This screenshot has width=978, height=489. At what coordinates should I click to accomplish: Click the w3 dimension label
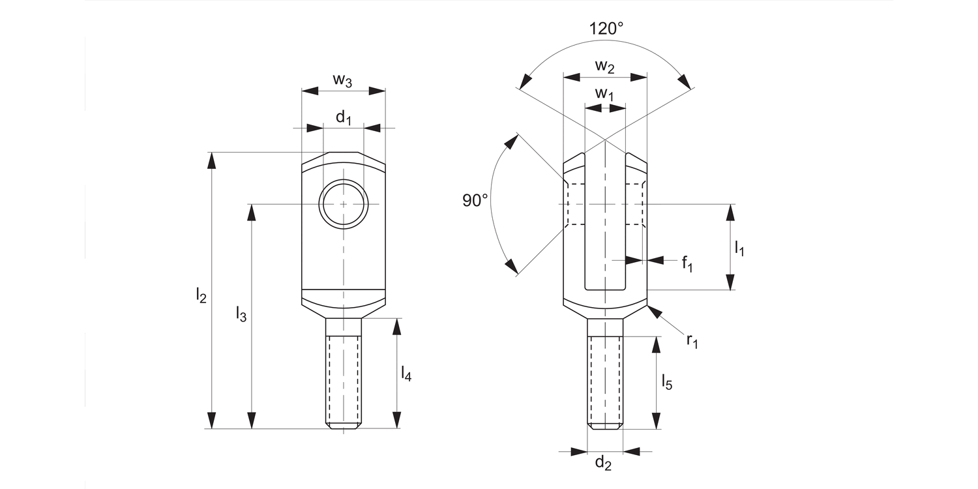click(343, 80)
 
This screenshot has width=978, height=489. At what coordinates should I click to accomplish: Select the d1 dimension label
click(344, 118)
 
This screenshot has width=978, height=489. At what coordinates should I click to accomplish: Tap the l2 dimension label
click(201, 296)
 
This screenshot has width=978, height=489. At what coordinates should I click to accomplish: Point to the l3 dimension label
click(241, 314)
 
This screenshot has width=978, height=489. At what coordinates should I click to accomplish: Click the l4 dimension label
click(406, 374)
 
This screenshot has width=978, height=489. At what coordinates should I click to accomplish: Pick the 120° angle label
click(606, 29)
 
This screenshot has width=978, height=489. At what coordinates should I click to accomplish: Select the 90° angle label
click(475, 200)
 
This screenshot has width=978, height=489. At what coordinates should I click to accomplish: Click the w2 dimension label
click(605, 66)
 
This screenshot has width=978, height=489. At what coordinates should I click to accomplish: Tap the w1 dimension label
click(605, 95)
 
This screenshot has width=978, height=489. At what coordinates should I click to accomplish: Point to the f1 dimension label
click(687, 263)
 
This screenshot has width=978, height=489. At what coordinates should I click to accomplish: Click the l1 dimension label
click(740, 248)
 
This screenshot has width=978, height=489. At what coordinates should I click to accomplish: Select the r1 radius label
click(692, 340)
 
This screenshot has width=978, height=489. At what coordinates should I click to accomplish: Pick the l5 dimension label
click(666, 382)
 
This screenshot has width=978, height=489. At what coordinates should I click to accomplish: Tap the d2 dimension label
click(604, 464)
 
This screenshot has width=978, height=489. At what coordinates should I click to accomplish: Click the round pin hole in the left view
click(344, 204)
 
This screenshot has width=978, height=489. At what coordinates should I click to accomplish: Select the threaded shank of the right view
click(605, 378)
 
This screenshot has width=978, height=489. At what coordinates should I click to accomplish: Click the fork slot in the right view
click(605, 228)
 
